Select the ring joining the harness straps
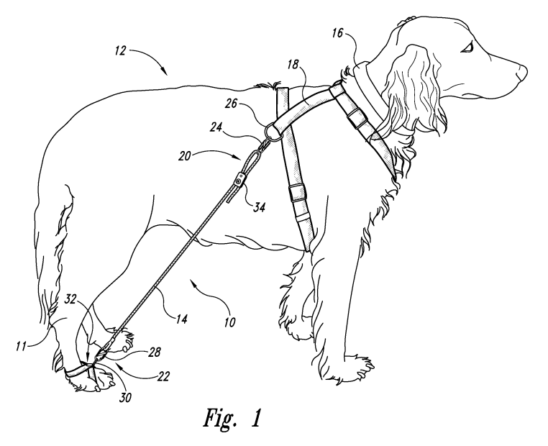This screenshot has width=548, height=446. pos(273,132)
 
